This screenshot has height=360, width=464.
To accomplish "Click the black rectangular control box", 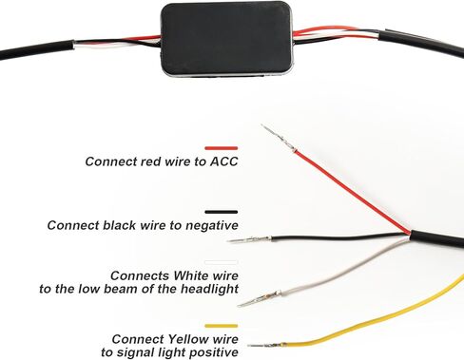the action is point(227,40).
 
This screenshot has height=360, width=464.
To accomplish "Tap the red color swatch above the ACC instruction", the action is point(222,148).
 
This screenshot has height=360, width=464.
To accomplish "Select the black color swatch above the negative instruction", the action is point(222,212).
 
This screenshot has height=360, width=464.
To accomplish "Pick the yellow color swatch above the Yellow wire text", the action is point(222,326).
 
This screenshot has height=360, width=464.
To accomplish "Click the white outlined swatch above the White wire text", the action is point(222,262).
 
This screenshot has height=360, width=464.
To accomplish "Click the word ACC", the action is point(224,161).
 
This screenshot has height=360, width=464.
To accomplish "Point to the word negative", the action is point(212,225).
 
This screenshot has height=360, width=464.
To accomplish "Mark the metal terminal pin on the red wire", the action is point(279,138).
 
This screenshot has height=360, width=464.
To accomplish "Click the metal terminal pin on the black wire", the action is point(249,239).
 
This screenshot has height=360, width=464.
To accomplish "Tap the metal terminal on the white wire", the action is point(260,298).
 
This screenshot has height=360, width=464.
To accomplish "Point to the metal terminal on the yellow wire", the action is point(267,345).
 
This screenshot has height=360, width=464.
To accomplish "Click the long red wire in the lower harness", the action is point(354,193).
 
